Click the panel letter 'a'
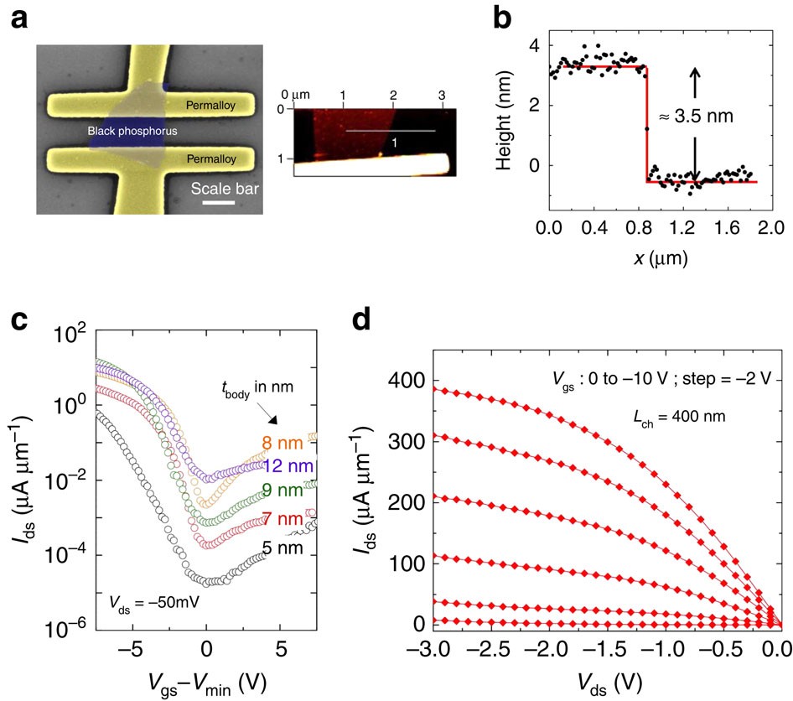click(x=18, y=18)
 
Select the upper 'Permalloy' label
click(x=210, y=106)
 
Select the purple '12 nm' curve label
click(x=290, y=465)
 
